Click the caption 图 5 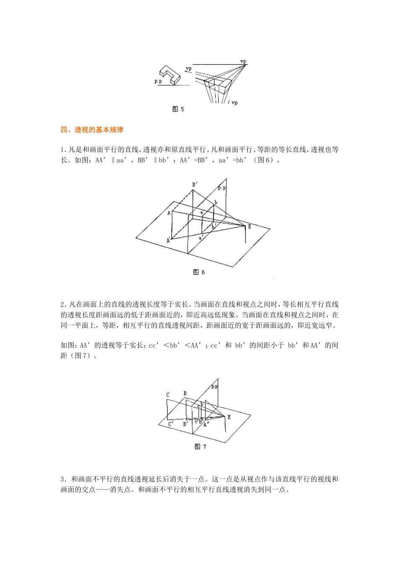point(178,109)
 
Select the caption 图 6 point(199,272)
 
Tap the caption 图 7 point(200,447)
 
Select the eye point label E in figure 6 point(249,227)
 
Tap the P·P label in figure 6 point(222,189)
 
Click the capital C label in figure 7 point(168,395)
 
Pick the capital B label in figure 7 point(185,393)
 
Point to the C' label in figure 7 point(171,425)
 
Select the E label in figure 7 point(229,417)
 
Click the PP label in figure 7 point(215,386)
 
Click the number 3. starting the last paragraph point(63,479)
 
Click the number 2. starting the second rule point(63,304)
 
